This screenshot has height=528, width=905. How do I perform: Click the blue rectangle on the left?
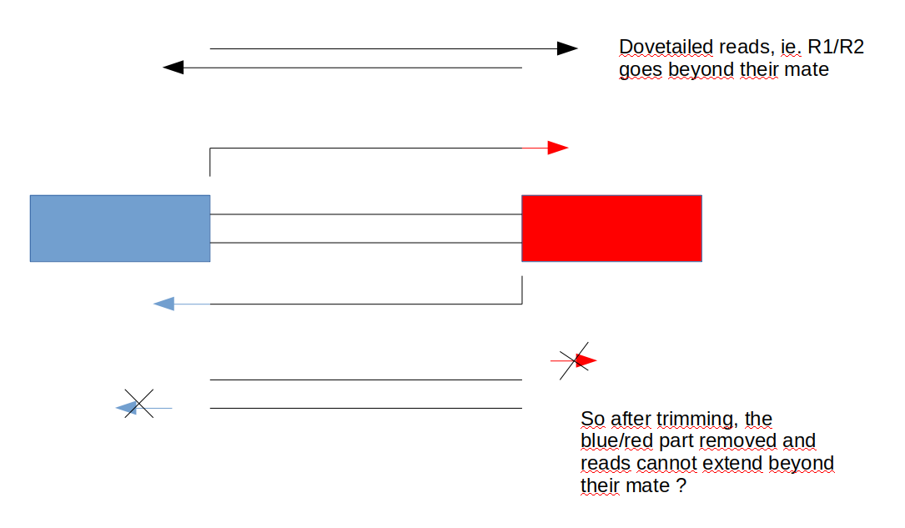[119, 229]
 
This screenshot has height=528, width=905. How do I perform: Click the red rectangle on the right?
[611, 229]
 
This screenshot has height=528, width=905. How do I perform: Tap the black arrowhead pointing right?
[567, 48]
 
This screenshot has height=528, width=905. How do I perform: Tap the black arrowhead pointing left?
[173, 67]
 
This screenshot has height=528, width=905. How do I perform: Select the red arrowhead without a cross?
[558, 148]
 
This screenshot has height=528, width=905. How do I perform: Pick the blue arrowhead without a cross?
[164, 304]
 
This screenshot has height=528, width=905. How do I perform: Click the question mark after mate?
[681, 485]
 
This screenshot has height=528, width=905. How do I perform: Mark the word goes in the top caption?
[639, 70]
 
